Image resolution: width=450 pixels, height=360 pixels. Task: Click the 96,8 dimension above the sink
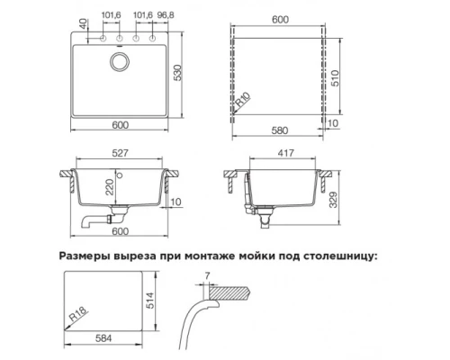(166, 15)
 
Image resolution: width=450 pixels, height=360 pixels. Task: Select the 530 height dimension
(177, 72)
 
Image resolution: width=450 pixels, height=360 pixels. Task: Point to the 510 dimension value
(335, 78)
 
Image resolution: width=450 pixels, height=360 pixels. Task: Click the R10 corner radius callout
(242, 100)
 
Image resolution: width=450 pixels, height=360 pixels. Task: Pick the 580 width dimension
(279, 130)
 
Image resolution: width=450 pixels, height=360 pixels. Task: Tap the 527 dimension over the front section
(120, 153)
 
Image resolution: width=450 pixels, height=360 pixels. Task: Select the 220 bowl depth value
(110, 187)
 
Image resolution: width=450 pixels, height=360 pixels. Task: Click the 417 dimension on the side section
(285, 153)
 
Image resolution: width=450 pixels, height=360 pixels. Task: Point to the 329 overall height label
(333, 200)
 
